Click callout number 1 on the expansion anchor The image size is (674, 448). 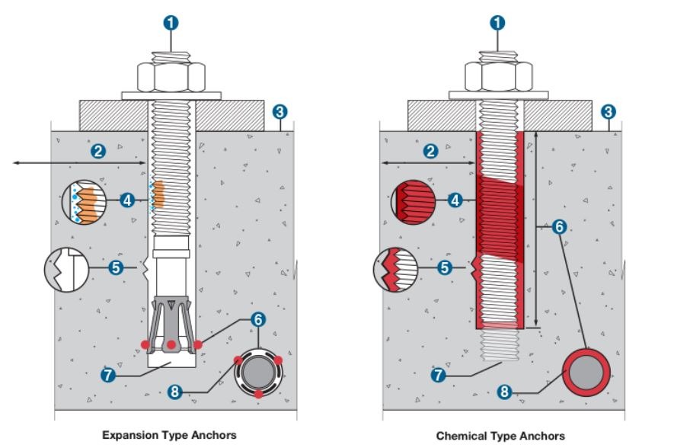click(x=171, y=22)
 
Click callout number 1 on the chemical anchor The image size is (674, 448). click(x=499, y=22)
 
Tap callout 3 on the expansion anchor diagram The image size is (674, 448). click(x=280, y=112)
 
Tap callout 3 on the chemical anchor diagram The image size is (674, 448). click(x=608, y=112)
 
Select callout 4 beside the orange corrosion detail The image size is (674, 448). click(x=127, y=200)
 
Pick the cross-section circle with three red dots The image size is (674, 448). click(x=259, y=374)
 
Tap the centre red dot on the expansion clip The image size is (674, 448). click(x=171, y=345)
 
